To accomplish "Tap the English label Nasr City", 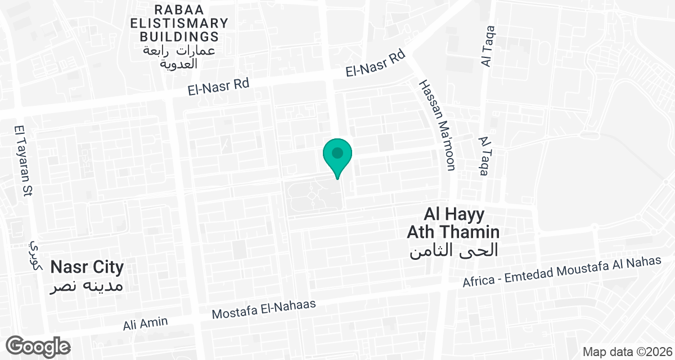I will [87, 267].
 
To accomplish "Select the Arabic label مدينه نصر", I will [87, 286].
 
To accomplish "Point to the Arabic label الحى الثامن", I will [453, 250].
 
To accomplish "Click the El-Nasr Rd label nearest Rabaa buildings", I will [218, 87].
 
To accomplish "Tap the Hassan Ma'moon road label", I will [437, 124].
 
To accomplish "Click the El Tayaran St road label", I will [22, 160].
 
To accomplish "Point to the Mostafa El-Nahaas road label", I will [264, 309].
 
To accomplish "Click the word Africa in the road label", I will [478, 281].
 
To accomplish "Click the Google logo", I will [38, 346].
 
